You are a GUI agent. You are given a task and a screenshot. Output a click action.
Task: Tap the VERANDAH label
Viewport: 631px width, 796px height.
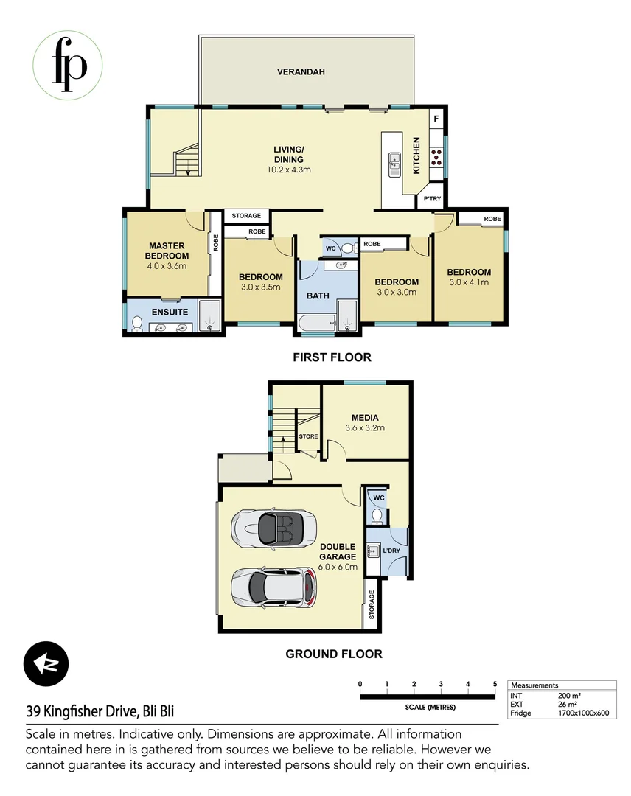[301, 72]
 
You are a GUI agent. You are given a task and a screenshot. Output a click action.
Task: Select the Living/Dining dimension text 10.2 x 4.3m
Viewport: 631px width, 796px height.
[288, 170]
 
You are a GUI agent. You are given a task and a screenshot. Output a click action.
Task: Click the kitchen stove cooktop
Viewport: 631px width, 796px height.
[436, 156]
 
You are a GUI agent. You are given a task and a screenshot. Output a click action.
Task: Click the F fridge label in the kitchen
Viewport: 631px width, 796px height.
[436, 119]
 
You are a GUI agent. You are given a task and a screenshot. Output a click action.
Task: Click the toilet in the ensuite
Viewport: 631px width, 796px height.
[136, 323]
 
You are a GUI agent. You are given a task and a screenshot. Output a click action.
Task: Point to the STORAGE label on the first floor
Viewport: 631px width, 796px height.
[246, 216]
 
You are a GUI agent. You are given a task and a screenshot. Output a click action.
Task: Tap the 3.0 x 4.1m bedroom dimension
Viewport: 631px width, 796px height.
[469, 282]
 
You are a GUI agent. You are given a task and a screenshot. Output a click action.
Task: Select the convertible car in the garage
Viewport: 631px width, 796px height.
[268, 526]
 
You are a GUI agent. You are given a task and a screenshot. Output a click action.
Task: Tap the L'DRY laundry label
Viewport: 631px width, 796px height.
[391, 551]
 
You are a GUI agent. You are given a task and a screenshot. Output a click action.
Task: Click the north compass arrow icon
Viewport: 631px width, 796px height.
[46, 663]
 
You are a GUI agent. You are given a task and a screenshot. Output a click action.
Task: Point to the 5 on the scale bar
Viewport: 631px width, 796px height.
[495, 685]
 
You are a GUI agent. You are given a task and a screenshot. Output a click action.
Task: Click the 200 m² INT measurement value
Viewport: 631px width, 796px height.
[569, 695]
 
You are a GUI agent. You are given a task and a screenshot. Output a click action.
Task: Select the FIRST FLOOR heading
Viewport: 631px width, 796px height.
[331, 357]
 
